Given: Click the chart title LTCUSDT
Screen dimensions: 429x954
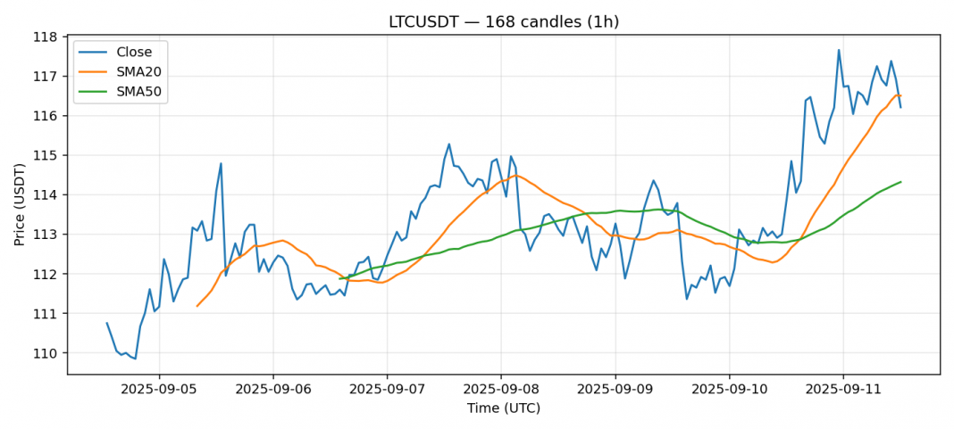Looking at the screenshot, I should click(x=504, y=21).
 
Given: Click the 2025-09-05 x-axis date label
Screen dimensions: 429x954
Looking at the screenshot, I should click(x=159, y=390).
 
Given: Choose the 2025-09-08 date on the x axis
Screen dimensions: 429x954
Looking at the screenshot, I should click(x=501, y=390).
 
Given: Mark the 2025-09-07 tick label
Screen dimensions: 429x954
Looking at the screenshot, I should click(x=387, y=390).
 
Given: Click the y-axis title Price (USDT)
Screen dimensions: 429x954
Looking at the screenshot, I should click(x=20, y=204).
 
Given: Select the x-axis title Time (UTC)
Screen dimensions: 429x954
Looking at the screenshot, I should click(x=504, y=408).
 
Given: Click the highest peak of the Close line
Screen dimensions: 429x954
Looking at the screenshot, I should click(x=839, y=50).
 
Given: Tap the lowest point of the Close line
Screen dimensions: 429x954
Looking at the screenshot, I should click(x=135, y=359).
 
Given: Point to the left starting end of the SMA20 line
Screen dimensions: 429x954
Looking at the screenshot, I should click(x=197, y=306).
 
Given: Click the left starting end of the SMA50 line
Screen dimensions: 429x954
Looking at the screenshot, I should click(x=339, y=279).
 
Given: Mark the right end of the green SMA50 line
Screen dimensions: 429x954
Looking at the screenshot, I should click(x=900, y=182).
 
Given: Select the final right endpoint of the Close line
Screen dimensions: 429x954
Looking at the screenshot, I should click(x=900, y=108).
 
